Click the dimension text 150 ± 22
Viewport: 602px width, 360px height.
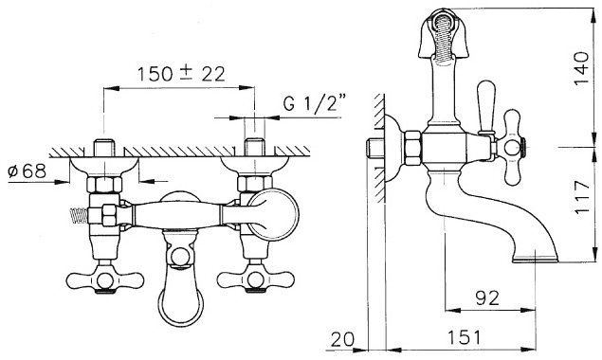pyautogui.click(x=181, y=74)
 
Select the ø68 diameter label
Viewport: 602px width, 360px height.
pyautogui.click(x=27, y=171)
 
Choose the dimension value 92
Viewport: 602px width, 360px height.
pyautogui.click(x=487, y=297)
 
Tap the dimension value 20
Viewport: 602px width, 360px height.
pyautogui.click(x=343, y=339)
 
